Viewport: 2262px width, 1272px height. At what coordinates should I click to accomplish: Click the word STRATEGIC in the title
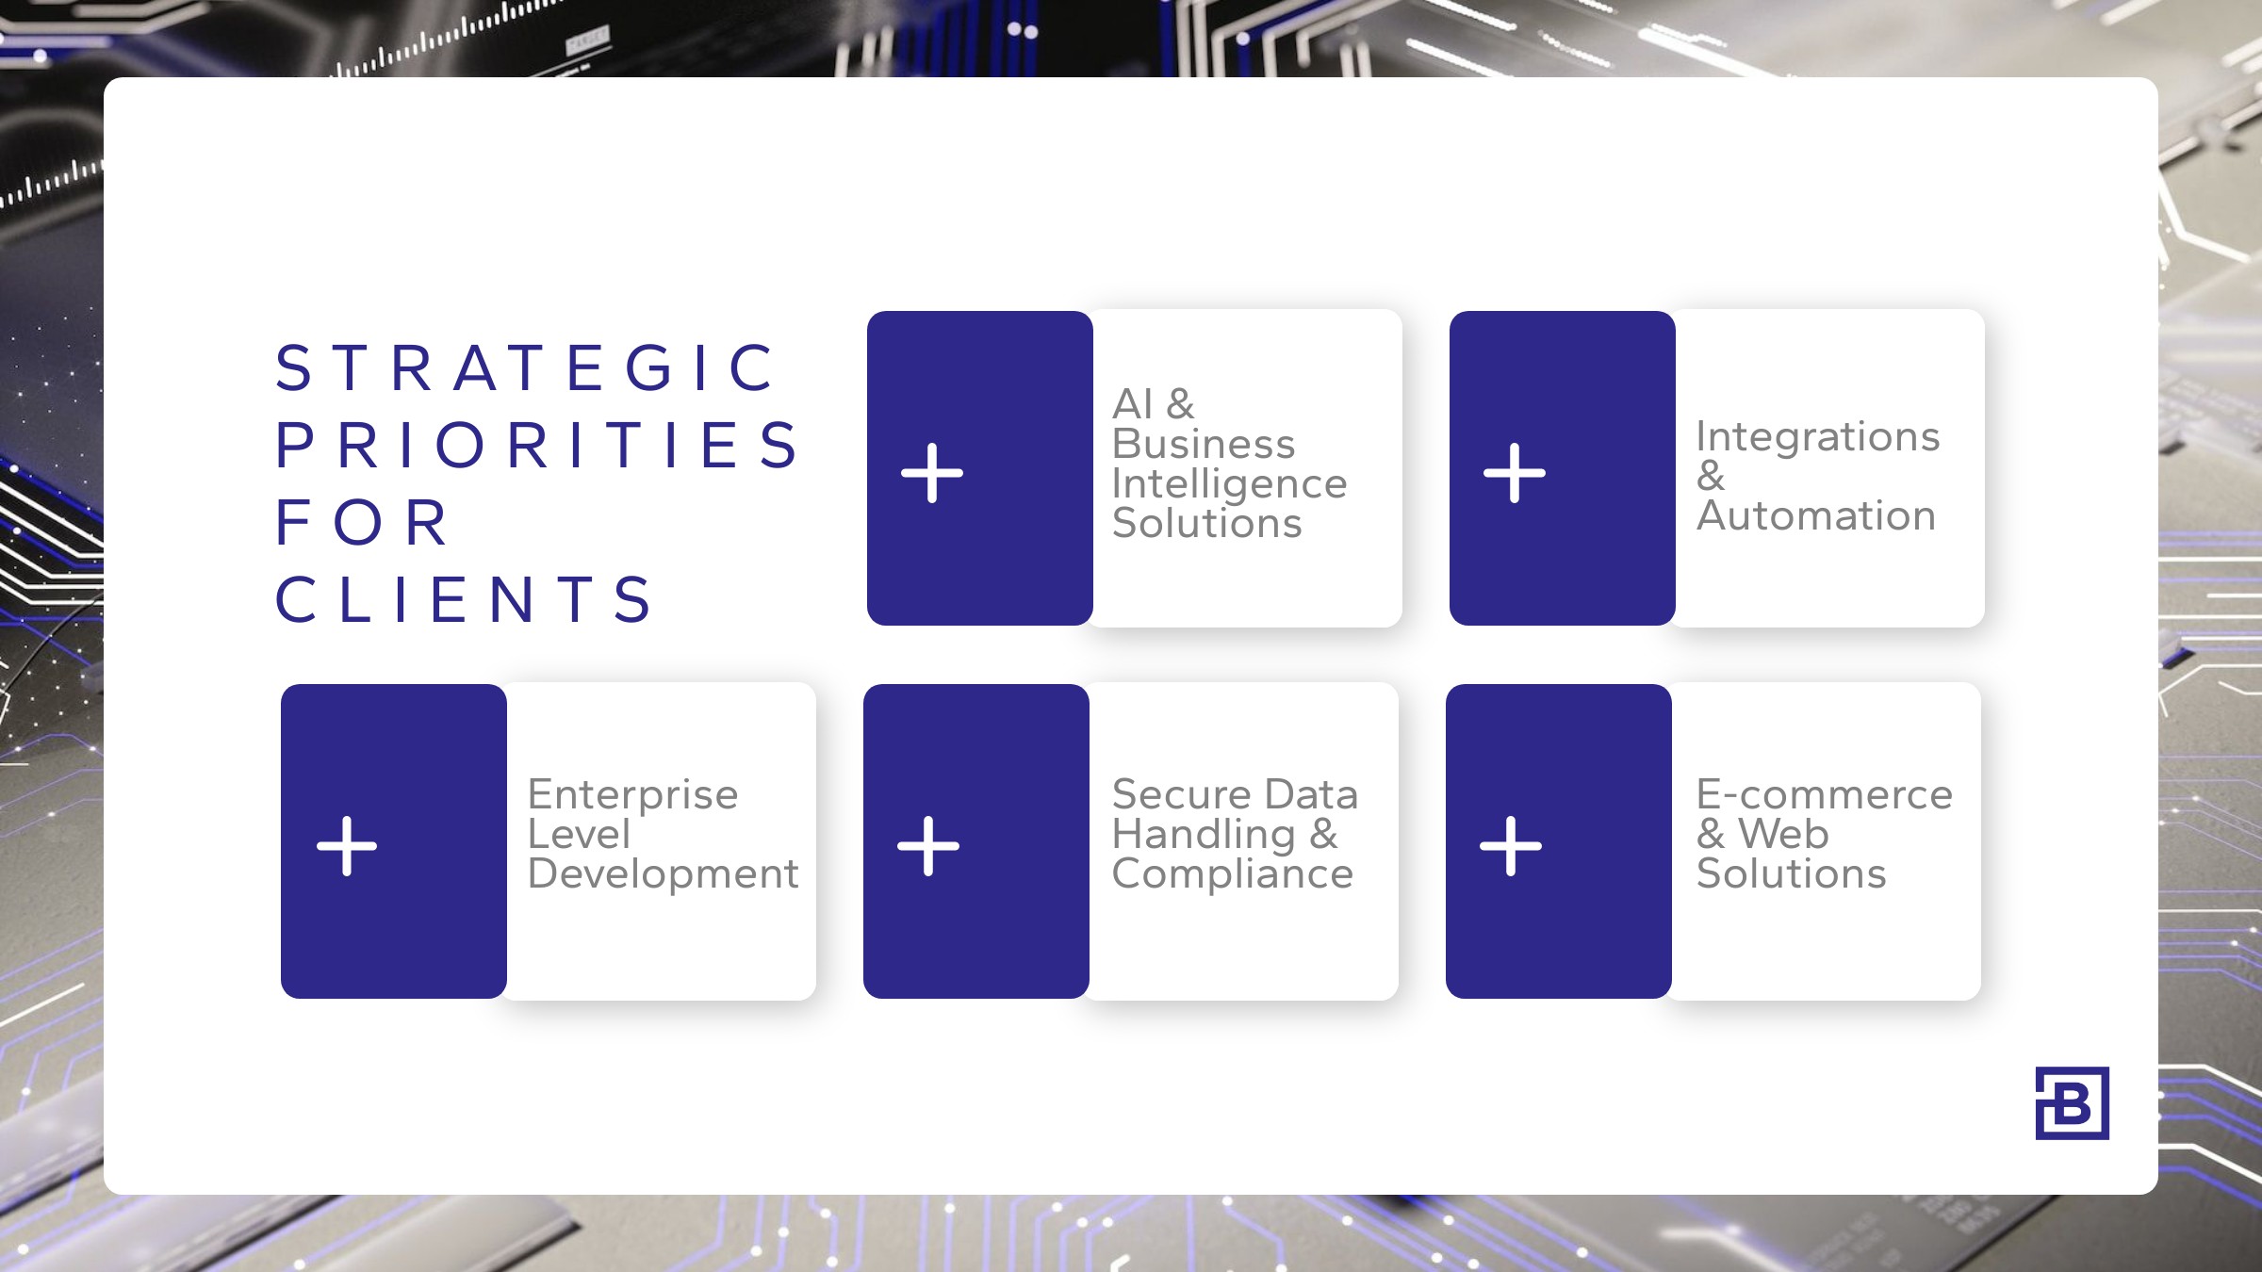tap(525, 367)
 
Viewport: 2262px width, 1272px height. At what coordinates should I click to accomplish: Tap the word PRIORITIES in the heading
tap(537, 445)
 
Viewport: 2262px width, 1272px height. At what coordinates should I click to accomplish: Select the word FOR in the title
tap(361, 522)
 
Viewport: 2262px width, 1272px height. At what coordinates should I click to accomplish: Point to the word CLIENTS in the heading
tap(463, 599)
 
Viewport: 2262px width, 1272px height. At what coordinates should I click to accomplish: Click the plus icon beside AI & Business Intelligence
tap(932, 473)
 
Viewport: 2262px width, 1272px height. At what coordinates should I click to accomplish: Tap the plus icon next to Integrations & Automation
tap(1515, 473)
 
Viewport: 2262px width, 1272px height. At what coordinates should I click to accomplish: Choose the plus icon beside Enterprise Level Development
tap(347, 846)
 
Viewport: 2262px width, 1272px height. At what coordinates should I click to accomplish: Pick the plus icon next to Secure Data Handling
tap(928, 846)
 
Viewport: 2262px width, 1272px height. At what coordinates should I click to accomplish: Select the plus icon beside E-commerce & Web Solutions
tap(1511, 846)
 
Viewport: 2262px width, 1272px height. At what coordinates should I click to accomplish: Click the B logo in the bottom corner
tap(2072, 1103)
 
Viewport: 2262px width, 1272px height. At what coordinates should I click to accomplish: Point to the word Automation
tap(1816, 515)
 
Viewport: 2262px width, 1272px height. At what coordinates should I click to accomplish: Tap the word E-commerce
tap(1825, 794)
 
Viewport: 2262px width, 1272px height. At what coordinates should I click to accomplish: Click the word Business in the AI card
tap(1204, 444)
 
